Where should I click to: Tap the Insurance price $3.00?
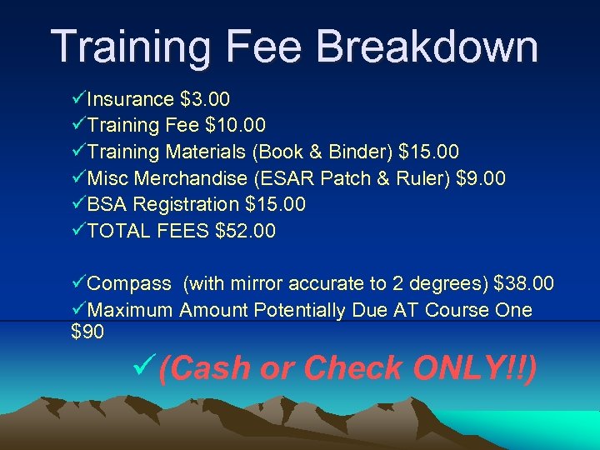coord(205,100)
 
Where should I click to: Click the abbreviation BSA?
coord(107,204)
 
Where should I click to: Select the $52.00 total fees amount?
coord(245,230)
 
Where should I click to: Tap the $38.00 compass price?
coord(523,284)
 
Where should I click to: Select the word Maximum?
coord(130,311)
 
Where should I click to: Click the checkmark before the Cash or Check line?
coord(143,364)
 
